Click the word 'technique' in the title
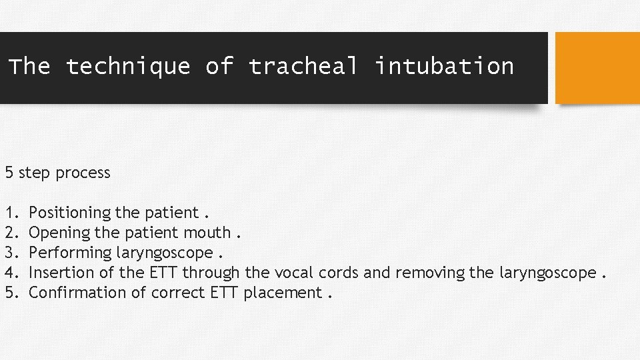click(128, 66)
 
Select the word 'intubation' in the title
click(444, 66)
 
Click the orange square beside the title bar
click(597, 68)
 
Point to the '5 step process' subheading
click(58, 173)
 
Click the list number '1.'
click(11, 213)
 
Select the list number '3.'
click(11, 253)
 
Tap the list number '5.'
click(11, 293)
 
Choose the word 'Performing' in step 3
click(71, 253)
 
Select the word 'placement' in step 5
click(283, 293)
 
